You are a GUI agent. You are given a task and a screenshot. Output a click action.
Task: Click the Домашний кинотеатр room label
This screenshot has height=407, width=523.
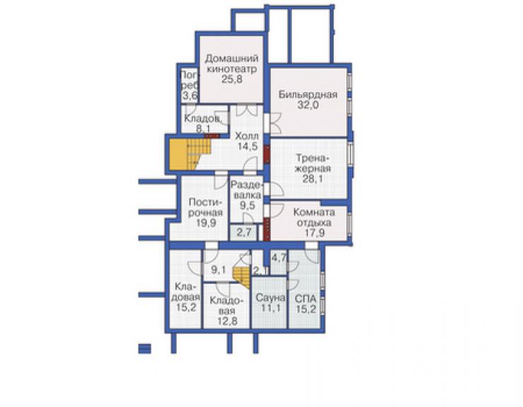[232, 64]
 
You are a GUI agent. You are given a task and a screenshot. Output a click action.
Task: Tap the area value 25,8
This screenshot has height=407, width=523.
[232, 79]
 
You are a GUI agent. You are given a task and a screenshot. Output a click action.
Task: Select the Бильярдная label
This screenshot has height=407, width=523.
[308, 95]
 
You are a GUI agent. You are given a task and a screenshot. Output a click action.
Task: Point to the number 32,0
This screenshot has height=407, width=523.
[308, 105]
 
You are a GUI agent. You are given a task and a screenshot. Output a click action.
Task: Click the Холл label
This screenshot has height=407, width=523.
[247, 136]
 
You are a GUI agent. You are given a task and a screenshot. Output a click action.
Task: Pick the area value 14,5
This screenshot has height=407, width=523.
[247, 146]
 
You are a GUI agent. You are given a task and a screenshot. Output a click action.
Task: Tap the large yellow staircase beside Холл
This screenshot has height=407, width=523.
[190, 154]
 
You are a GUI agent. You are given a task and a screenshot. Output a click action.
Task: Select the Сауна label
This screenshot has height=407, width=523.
[271, 297]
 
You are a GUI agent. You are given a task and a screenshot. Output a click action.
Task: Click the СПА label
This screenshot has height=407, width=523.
[306, 298]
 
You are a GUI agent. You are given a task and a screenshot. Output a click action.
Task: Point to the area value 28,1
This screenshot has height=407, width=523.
[312, 179]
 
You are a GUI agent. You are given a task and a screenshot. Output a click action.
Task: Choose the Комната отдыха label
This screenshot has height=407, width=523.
[315, 217]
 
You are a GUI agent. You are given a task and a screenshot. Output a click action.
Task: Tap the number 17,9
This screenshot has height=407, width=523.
[315, 233]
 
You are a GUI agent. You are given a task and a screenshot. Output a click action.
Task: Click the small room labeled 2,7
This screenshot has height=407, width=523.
[244, 232]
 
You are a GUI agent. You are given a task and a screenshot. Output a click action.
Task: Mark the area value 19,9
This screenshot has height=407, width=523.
[206, 223]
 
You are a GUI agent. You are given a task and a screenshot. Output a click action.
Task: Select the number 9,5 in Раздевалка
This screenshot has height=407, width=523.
[247, 205]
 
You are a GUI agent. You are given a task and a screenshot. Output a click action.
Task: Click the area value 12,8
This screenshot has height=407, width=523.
[227, 321]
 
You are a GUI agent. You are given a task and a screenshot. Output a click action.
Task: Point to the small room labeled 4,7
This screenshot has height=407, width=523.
[278, 263]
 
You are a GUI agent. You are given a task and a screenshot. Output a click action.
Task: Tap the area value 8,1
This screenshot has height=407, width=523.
[203, 129]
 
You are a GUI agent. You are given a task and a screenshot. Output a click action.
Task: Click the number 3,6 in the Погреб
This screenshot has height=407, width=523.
[190, 96]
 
